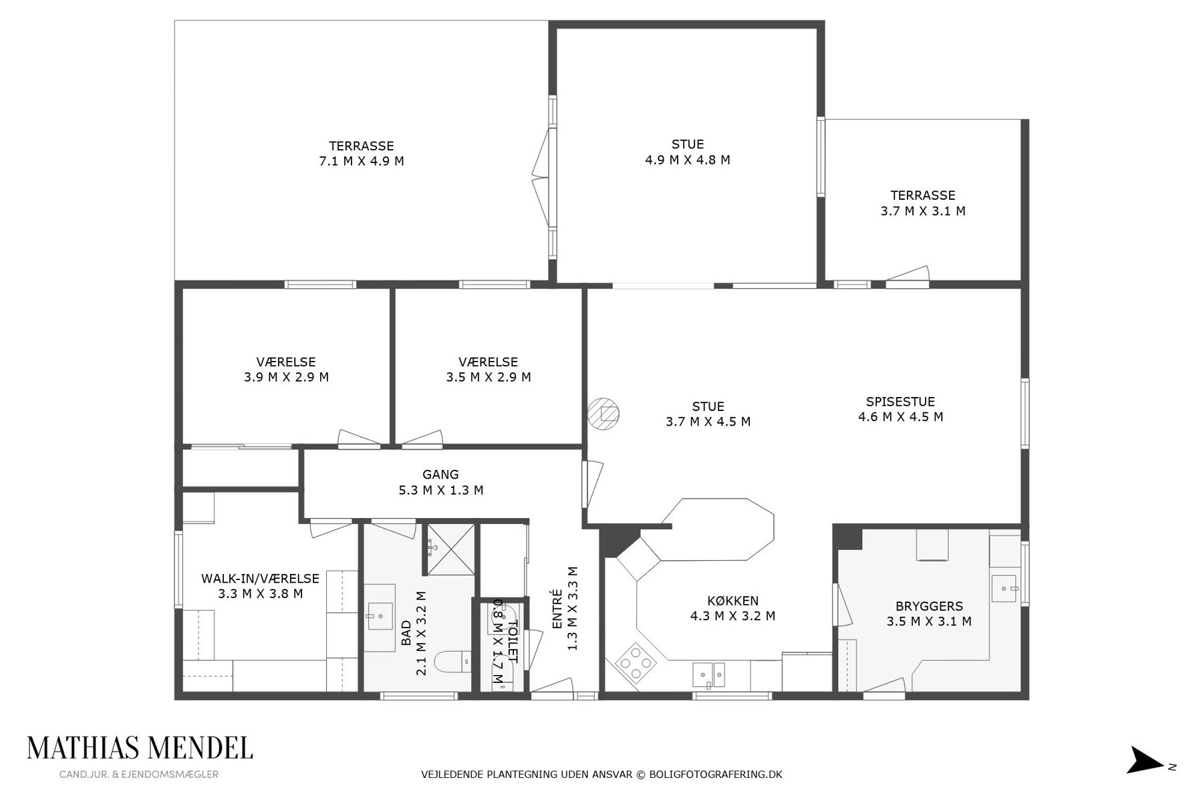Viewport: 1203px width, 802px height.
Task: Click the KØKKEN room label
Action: click(732, 601)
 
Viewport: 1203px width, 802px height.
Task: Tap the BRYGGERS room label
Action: click(929, 606)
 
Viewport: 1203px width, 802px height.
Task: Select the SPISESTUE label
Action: click(900, 402)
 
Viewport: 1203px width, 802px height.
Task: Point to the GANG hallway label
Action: click(440, 475)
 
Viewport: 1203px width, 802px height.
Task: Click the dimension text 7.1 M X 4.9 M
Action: click(362, 161)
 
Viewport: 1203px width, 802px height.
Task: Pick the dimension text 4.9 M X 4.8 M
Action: click(688, 160)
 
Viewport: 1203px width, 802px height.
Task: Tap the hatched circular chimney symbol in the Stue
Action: click(604, 413)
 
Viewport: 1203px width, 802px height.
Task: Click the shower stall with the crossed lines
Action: click(451, 549)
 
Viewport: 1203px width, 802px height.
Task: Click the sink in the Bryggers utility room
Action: click(1004, 589)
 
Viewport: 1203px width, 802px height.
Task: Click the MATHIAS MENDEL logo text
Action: click(140, 749)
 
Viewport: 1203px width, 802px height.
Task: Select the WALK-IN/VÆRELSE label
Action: click(260, 578)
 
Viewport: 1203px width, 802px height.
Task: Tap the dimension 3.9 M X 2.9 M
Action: click(287, 377)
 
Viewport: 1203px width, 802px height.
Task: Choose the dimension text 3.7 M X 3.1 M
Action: click(923, 211)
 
